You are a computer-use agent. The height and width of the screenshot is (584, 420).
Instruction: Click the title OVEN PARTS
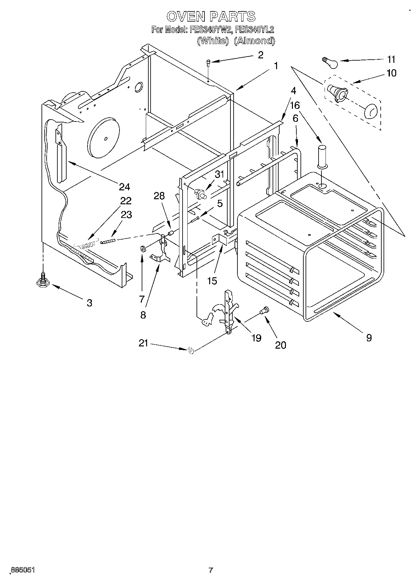211,16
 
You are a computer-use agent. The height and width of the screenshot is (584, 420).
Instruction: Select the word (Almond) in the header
255,41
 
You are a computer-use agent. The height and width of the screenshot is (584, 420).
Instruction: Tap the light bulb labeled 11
330,62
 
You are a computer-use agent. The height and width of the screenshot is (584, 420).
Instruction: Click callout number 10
391,73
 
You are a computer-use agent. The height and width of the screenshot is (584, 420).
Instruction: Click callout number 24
124,187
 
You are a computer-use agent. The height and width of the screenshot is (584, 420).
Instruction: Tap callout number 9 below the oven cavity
369,338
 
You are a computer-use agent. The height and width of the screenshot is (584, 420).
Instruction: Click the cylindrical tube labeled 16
322,155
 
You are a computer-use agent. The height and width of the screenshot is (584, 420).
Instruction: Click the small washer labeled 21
191,350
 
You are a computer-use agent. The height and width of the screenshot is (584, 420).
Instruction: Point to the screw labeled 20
264,311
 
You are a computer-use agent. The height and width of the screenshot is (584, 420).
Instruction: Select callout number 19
256,338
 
